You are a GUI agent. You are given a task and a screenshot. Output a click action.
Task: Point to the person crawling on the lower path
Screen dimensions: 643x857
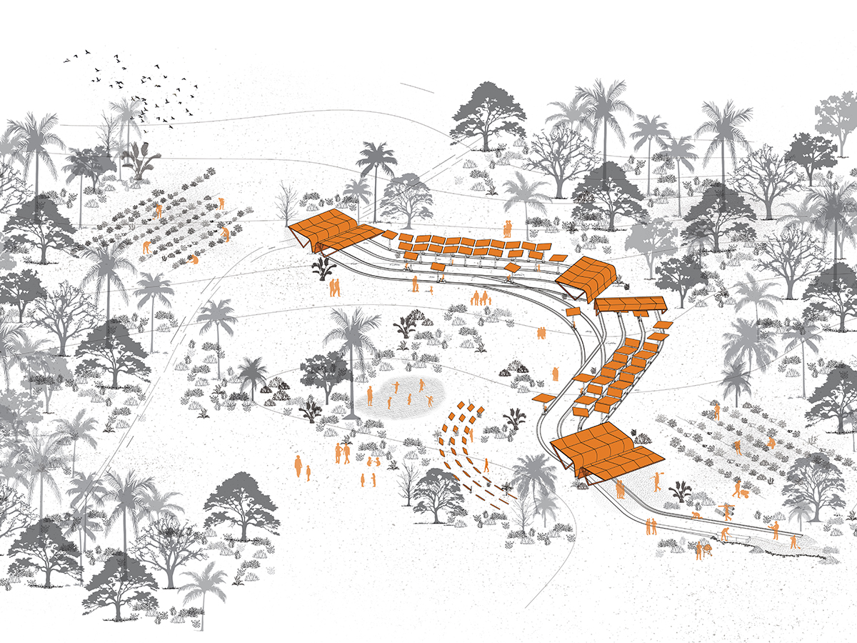pos(696,515)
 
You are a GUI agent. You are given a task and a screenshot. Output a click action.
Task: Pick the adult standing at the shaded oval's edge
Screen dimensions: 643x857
pos(370,395)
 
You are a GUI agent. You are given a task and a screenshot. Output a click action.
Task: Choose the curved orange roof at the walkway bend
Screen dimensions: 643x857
pos(586,277)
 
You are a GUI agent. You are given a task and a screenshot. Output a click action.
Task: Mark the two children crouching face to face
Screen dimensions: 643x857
pos(373,462)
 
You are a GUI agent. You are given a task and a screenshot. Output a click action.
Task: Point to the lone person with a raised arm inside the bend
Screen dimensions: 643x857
pos(554,373)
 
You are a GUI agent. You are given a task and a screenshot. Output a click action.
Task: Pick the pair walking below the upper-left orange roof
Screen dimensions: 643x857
pos(334,287)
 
